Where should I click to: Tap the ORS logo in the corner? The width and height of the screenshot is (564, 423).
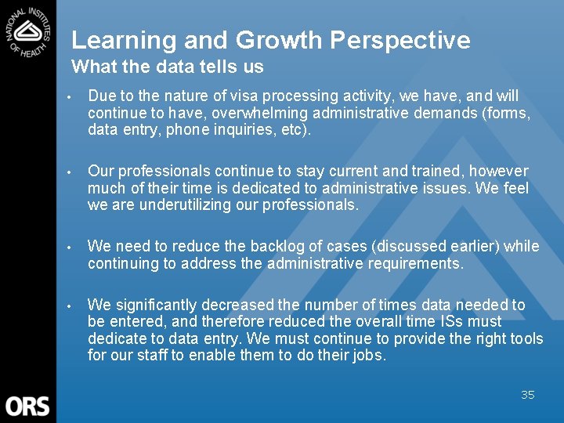(x=27, y=406)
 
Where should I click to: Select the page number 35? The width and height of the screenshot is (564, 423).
(x=528, y=395)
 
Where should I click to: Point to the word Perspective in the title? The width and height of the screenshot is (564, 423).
(x=406, y=40)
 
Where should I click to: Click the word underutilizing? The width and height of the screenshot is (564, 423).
(x=190, y=205)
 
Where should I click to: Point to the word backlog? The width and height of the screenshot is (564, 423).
(x=264, y=247)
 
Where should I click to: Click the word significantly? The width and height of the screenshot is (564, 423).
(x=156, y=305)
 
